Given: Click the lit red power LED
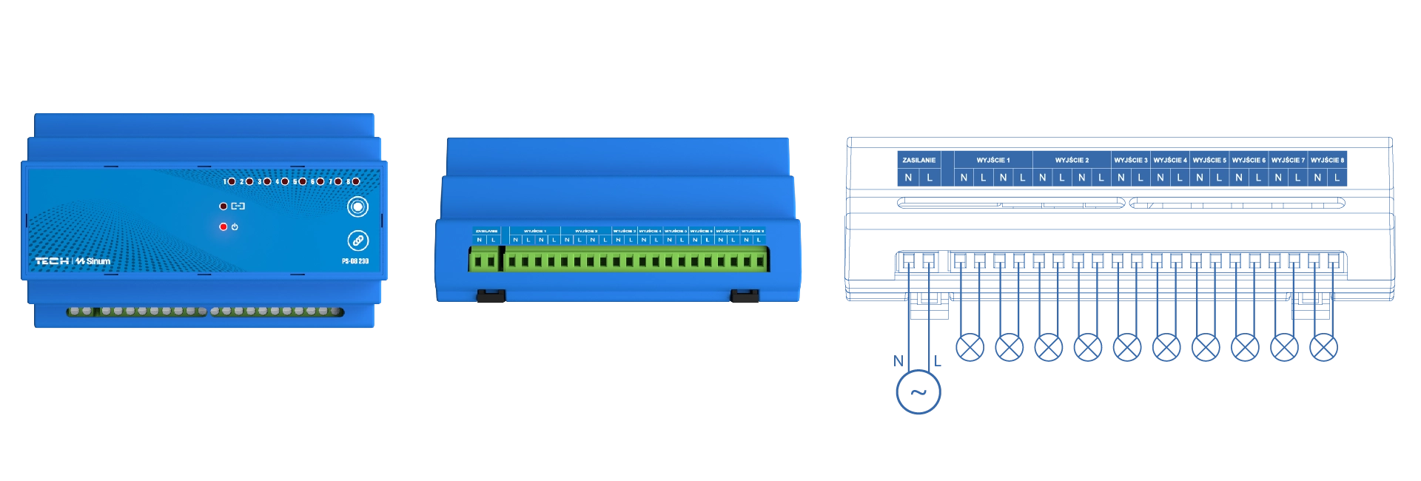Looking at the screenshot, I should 224,226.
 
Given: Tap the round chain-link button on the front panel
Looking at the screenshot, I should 357,240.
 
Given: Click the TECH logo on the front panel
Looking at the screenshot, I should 52,261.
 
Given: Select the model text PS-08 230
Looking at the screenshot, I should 355,261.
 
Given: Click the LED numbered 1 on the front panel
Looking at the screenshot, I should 232,181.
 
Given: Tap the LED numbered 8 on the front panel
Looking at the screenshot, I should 356,181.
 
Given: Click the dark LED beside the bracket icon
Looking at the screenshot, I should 224,206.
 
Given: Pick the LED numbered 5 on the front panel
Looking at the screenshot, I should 303,181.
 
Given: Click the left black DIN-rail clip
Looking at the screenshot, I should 491,297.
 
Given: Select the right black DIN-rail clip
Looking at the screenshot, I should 745,297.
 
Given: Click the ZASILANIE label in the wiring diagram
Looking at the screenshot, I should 918,160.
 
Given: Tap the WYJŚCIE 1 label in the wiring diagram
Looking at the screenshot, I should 992,160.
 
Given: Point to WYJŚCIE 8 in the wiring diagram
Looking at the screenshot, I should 1327,160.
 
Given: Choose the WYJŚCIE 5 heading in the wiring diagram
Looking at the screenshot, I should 1209,160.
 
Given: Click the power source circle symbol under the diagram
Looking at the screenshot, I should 918,390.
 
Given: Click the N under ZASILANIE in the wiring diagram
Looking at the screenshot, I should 908,178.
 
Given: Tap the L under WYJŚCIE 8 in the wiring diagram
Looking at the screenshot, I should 1337,178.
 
